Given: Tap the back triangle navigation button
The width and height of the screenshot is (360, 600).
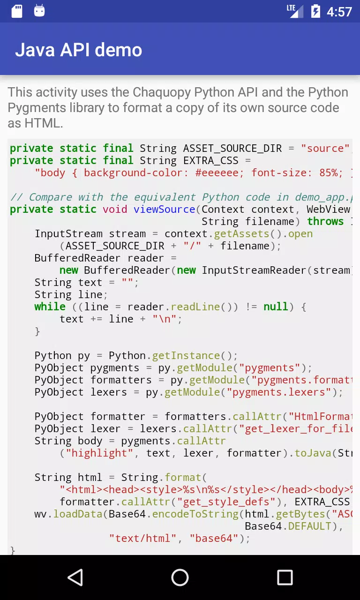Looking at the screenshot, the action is coord(75,577).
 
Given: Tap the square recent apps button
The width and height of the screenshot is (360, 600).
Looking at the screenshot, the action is coord(285,577).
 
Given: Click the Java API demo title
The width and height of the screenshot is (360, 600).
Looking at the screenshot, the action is coord(78,50).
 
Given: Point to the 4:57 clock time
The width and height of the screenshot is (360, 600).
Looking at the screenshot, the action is coord(339,12).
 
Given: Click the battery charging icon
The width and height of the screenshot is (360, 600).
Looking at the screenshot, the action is coord(315,11).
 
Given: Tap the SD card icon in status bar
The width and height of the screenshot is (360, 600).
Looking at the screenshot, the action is coord(17,11).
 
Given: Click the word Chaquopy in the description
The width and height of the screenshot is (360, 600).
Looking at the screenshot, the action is coord(162,92).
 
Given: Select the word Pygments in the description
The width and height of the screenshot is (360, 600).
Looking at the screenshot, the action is coord(37,108).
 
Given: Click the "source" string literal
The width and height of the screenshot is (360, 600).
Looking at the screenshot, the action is coord(325,149).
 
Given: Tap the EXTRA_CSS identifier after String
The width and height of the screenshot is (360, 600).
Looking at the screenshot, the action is coord(211,161).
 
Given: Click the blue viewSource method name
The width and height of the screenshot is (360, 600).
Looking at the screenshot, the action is coord(165,209).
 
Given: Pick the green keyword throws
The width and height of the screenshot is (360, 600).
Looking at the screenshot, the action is coord(325,222).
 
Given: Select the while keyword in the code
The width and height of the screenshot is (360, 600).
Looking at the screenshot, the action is coord(50,307).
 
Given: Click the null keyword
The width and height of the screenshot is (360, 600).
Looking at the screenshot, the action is coord(276,307).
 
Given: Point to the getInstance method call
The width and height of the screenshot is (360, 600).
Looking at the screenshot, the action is coord(186,356).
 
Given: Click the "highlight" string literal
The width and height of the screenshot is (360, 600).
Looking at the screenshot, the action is coord(99,453).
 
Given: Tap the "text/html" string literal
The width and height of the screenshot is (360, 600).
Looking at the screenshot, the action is coord(142,539).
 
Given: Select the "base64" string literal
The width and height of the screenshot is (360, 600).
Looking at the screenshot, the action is coord(214,539).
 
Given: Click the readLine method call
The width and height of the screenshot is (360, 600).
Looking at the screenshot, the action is coord(195,307).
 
